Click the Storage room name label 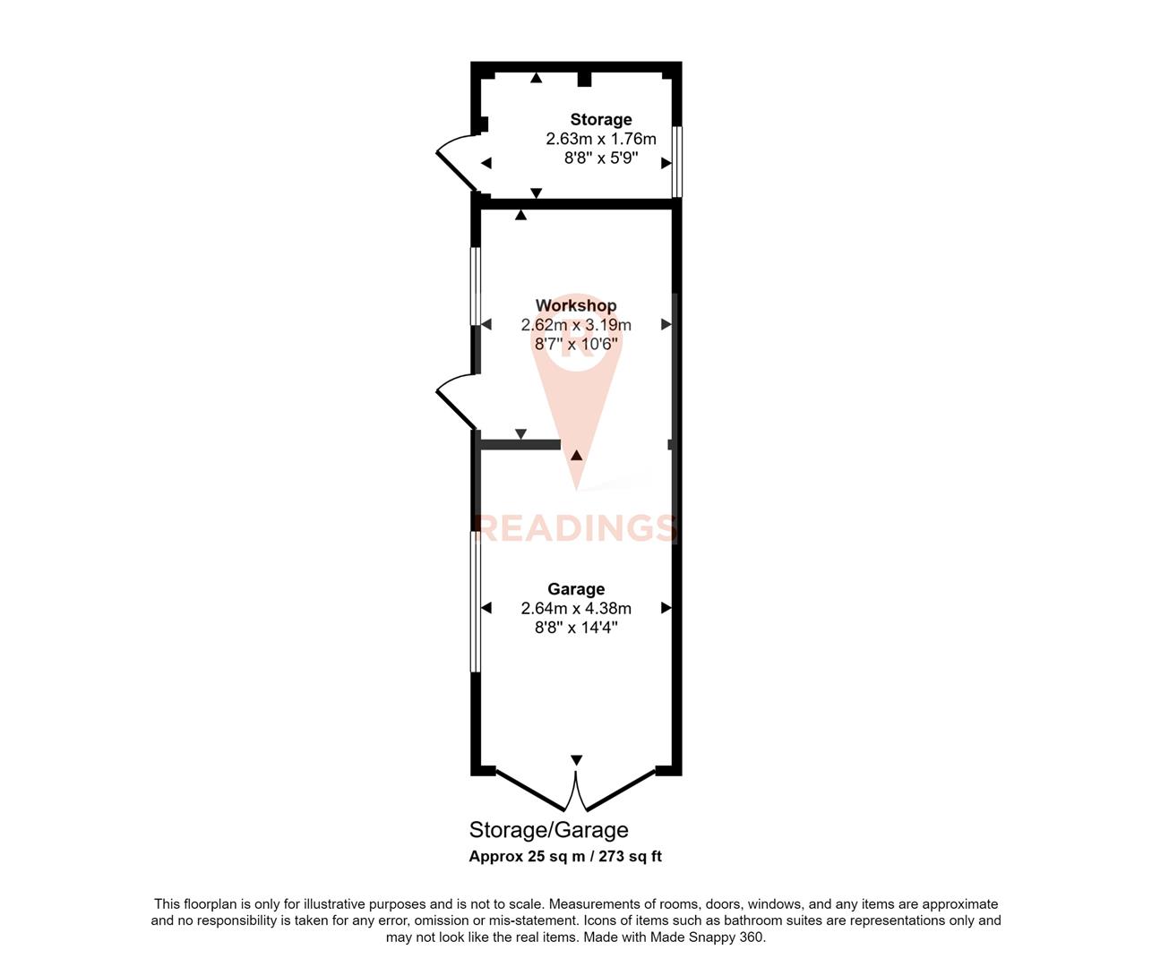tap(601, 119)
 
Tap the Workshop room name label tap(576, 305)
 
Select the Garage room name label tap(576, 588)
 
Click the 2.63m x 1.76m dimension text tap(601, 139)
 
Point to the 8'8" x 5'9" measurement tap(601, 158)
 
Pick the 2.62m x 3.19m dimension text tap(576, 325)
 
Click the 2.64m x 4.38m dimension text tap(576, 608)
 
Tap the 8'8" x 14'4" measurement tap(576, 628)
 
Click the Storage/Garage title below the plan tap(548, 830)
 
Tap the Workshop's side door tap(456, 401)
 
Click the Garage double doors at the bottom tap(576, 788)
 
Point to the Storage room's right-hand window tap(677, 161)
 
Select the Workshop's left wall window tap(476, 286)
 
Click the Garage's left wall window tap(476, 602)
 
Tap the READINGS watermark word tap(576, 527)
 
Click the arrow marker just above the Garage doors tap(576, 759)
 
